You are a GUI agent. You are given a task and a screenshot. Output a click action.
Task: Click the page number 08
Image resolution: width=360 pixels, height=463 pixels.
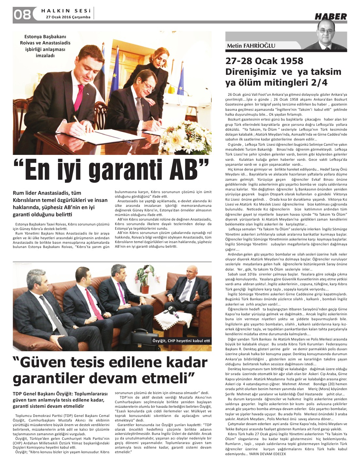[22, 14]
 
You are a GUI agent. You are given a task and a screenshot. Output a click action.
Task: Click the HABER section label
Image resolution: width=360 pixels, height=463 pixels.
[331, 16]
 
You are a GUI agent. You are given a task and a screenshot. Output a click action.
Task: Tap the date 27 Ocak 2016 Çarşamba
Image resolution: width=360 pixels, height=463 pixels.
[68, 17]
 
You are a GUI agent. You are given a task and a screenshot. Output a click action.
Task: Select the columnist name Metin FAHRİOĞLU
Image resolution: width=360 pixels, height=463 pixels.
[251, 46]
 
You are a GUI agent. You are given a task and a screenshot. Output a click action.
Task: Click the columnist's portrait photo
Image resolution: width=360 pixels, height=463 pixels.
[330, 36]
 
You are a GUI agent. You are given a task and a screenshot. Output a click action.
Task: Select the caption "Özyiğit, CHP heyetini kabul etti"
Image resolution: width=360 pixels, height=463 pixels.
[181, 341]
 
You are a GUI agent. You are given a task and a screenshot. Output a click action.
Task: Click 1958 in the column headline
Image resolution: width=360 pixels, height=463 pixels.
[289, 61]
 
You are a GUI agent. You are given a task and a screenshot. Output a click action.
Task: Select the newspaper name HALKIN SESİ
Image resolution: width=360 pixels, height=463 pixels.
[66, 10]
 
